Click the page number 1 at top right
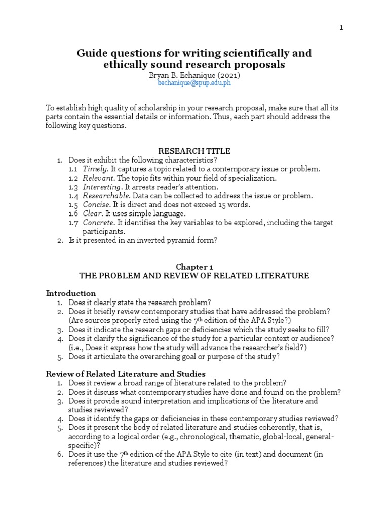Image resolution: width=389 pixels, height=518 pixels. click(x=341, y=28)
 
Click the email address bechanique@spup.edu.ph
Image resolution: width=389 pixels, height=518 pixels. click(x=194, y=83)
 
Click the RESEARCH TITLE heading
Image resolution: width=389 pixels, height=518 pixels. click(x=194, y=151)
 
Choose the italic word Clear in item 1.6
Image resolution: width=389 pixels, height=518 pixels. click(x=92, y=213)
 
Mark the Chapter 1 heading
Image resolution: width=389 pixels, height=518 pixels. click(x=194, y=267)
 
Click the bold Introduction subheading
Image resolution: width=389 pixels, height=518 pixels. click(x=71, y=293)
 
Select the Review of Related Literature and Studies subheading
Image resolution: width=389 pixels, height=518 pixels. click(x=126, y=374)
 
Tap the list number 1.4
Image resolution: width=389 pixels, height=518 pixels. click(x=73, y=196)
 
